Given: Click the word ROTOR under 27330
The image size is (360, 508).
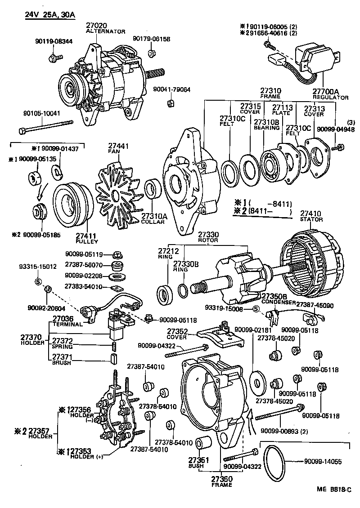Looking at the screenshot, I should coord(207,241).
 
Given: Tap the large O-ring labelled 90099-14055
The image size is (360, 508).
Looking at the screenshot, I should coord(273,462).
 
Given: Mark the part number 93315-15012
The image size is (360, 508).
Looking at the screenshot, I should coord(41,267).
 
